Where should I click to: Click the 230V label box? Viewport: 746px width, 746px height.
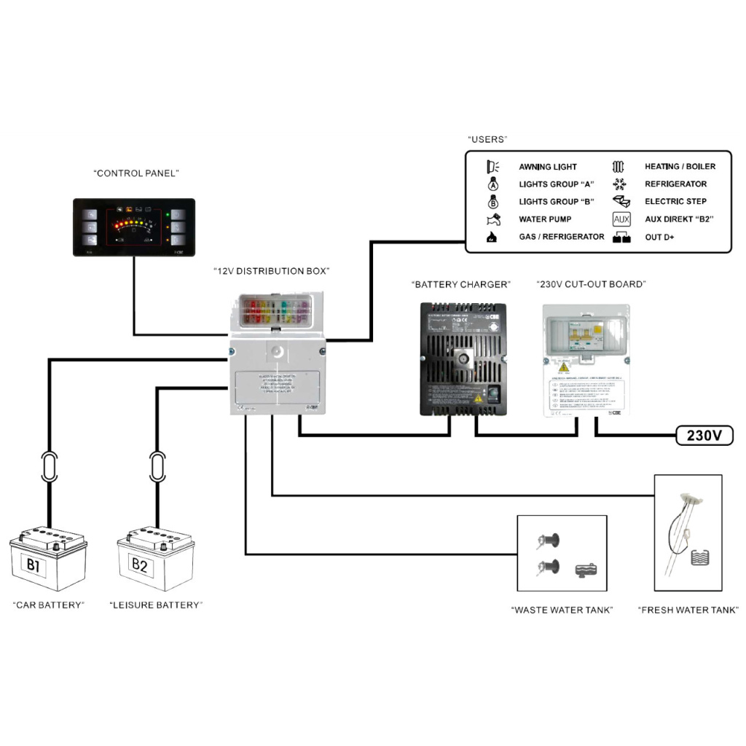[704, 436]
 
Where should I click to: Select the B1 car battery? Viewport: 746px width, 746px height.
[48, 559]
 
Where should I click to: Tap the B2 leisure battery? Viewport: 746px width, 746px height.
[156, 559]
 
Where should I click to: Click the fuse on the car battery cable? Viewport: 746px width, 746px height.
[49, 466]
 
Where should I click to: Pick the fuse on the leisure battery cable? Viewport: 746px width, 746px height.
[157, 466]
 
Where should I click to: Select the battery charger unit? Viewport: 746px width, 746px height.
[463, 358]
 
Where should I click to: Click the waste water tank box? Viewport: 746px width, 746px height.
[561, 554]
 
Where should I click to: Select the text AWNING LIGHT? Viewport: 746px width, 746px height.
[547, 167]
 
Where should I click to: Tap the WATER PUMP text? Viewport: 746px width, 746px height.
[544, 219]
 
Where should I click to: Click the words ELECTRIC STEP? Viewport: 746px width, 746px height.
[675, 202]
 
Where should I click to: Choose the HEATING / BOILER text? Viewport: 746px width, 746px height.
[680, 167]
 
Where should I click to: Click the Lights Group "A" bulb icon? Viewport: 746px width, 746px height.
[492, 184]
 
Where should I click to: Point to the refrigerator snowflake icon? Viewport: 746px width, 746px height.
[621, 184]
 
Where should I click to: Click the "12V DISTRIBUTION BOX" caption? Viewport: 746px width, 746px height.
[271, 271]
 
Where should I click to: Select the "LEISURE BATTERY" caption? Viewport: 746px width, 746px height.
[156, 605]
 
